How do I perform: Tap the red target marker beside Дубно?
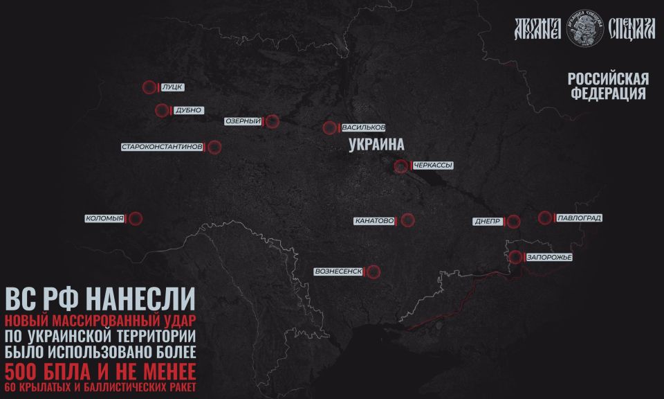[162, 110]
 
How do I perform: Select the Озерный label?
[243, 121]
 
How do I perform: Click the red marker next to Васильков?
[329, 127]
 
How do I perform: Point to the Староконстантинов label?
[162, 147]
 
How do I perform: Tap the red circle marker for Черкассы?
[400, 166]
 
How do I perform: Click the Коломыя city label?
[104, 219]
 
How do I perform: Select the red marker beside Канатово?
[407, 220]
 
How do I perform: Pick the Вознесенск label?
[338, 271]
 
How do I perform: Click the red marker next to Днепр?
[513, 222]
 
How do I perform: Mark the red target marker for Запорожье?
[515, 257]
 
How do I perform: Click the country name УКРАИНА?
[376, 145]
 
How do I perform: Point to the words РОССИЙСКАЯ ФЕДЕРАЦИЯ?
[608, 87]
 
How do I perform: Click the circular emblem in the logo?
[585, 28]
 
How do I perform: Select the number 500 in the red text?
[27, 368]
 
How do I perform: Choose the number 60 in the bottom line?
[12, 386]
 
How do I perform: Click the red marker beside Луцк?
[149, 88]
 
